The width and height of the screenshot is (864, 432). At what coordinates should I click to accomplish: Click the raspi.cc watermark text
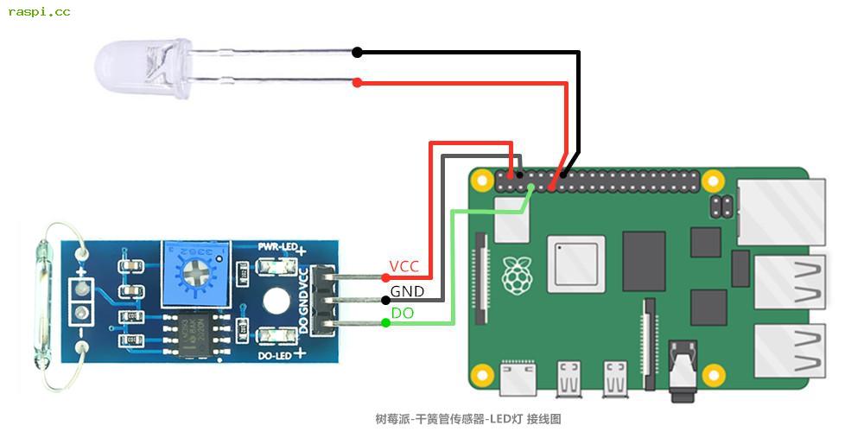(x=40, y=12)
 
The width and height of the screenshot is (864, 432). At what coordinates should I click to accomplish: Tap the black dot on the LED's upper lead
(x=358, y=53)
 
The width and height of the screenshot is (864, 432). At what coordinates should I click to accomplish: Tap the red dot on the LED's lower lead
(x=358, y=83)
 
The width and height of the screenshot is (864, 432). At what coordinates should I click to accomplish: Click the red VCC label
(x=404, y=266)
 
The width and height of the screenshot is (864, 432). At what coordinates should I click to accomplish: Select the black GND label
(x=407, y=291)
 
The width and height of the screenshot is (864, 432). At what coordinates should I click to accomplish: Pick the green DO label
(x=403, y=314)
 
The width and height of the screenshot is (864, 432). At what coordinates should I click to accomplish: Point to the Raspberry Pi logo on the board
(x=518, y=275)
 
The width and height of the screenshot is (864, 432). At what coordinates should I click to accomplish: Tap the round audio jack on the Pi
(x=683, y=363)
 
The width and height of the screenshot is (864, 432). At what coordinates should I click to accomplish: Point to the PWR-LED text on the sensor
(x=277, y=247)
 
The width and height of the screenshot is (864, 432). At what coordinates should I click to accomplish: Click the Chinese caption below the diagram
(x=468, y=419)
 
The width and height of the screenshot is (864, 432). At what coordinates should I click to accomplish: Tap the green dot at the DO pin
(x=385, y=323)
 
